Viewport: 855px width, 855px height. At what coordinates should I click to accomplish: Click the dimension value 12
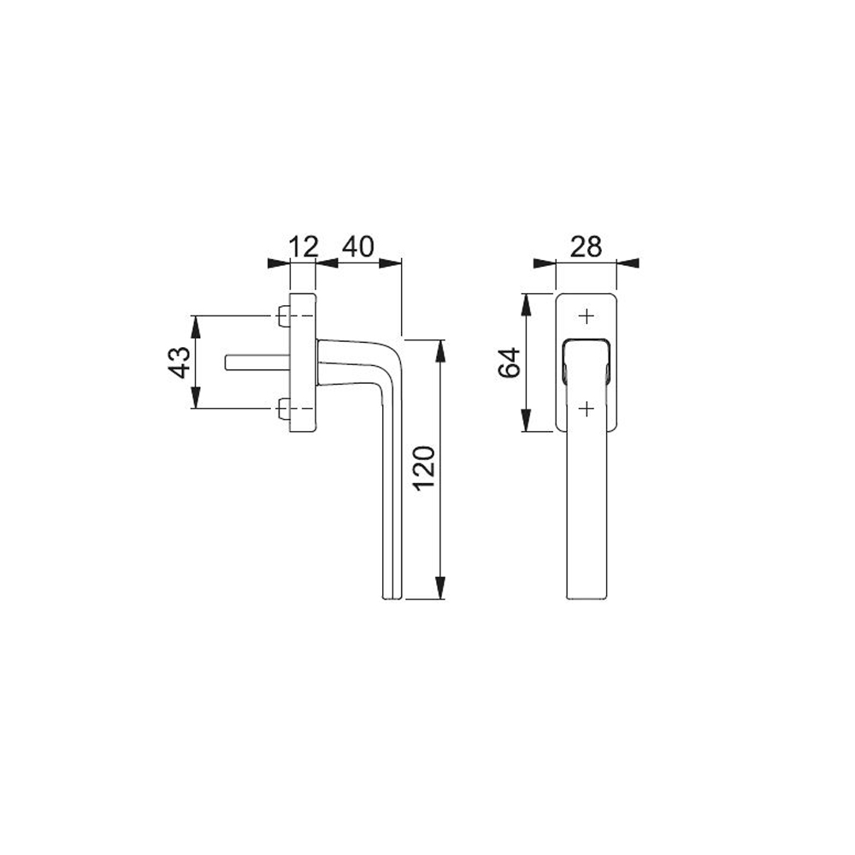pyautogui.click(x=304, y=247)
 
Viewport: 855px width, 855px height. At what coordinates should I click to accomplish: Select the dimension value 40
pyautogui.click(x=358, y=247)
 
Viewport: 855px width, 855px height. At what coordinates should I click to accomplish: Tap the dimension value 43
pyautogui.click(x=180, y=362)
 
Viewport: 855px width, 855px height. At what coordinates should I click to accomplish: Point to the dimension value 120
pyautogui.click(x=425, y=468)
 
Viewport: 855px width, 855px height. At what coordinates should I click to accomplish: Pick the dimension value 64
pyautogui.click(x=510, y=362)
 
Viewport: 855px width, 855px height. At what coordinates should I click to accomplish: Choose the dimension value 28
pyautogui.click(x=586, y=247)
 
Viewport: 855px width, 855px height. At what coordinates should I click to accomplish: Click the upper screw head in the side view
pyautogui.click(x=284, y=315)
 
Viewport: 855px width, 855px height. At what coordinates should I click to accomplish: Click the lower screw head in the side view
pyautogui.click(x=284, y=409)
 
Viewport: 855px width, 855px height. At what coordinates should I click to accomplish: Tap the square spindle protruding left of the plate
pyautogui.click(x=257, y=363)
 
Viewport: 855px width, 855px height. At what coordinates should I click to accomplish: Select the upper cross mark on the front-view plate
pyautogui.click(x=587, y=316)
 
